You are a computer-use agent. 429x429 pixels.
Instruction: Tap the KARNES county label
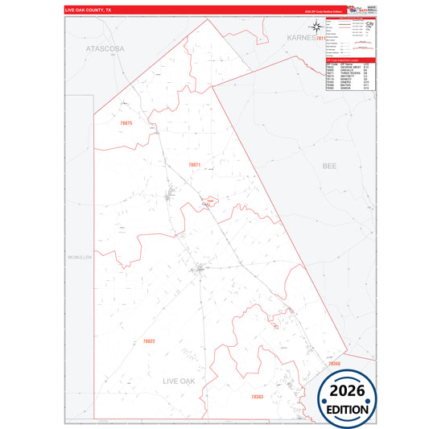303,38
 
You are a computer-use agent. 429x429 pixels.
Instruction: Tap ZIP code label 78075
125,123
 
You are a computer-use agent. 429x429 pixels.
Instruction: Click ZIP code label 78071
193,164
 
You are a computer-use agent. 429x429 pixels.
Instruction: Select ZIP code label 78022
149,341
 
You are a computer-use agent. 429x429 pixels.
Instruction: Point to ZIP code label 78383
257,397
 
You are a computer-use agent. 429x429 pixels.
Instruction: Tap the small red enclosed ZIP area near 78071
209,200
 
